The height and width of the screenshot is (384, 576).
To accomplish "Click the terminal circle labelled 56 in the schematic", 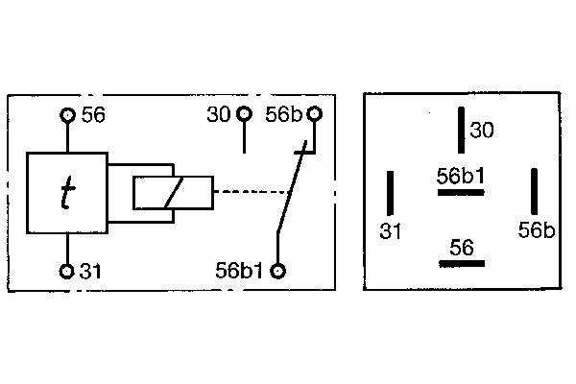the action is (x=67, y=115).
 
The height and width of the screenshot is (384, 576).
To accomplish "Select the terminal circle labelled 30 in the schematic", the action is (x=244, y=114).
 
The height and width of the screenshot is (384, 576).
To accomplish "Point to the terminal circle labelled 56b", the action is (x=315, y=113).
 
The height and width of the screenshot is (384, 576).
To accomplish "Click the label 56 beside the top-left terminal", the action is (x=93, y=114).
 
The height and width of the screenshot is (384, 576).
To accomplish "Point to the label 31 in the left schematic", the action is (x=90, y=272).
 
